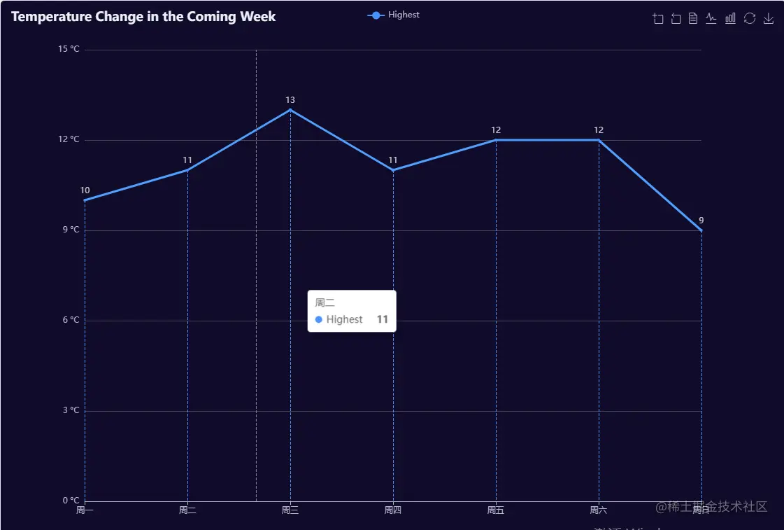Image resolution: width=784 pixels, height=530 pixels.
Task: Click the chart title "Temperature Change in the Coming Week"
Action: (143, 17)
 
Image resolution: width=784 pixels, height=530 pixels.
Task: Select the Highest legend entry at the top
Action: (394, 15)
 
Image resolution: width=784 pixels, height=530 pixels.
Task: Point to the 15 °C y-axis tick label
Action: (69, 49)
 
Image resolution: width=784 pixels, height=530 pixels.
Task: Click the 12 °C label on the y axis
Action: (69, 139)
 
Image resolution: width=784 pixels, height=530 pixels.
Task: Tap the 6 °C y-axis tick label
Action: (70, 320)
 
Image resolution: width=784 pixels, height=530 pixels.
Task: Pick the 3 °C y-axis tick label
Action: (70, 410)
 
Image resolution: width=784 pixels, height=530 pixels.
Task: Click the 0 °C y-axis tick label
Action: (70, 501)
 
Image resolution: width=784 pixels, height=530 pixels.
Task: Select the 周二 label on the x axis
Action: (187, 510)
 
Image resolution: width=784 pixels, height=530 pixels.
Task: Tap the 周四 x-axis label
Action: (393, 510)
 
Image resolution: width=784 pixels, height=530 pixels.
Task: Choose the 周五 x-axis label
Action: (496, 510)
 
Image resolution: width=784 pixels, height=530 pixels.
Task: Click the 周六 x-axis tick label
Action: (599, 510)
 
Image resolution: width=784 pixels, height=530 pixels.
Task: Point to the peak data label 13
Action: (290, 100)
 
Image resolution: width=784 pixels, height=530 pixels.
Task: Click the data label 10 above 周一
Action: (85, 190)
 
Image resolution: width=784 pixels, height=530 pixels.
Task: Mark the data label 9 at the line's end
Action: (701, 221)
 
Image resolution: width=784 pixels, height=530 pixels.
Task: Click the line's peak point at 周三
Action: (290, 110)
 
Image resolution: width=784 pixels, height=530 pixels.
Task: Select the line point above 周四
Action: (393, 170)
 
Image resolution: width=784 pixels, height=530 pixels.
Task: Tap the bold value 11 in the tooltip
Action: (383, 319)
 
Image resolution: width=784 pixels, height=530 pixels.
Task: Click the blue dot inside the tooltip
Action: (319, 320)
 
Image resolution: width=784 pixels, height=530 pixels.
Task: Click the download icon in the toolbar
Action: (769, 19)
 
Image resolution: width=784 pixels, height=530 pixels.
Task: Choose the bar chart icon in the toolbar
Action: (730, 19)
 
